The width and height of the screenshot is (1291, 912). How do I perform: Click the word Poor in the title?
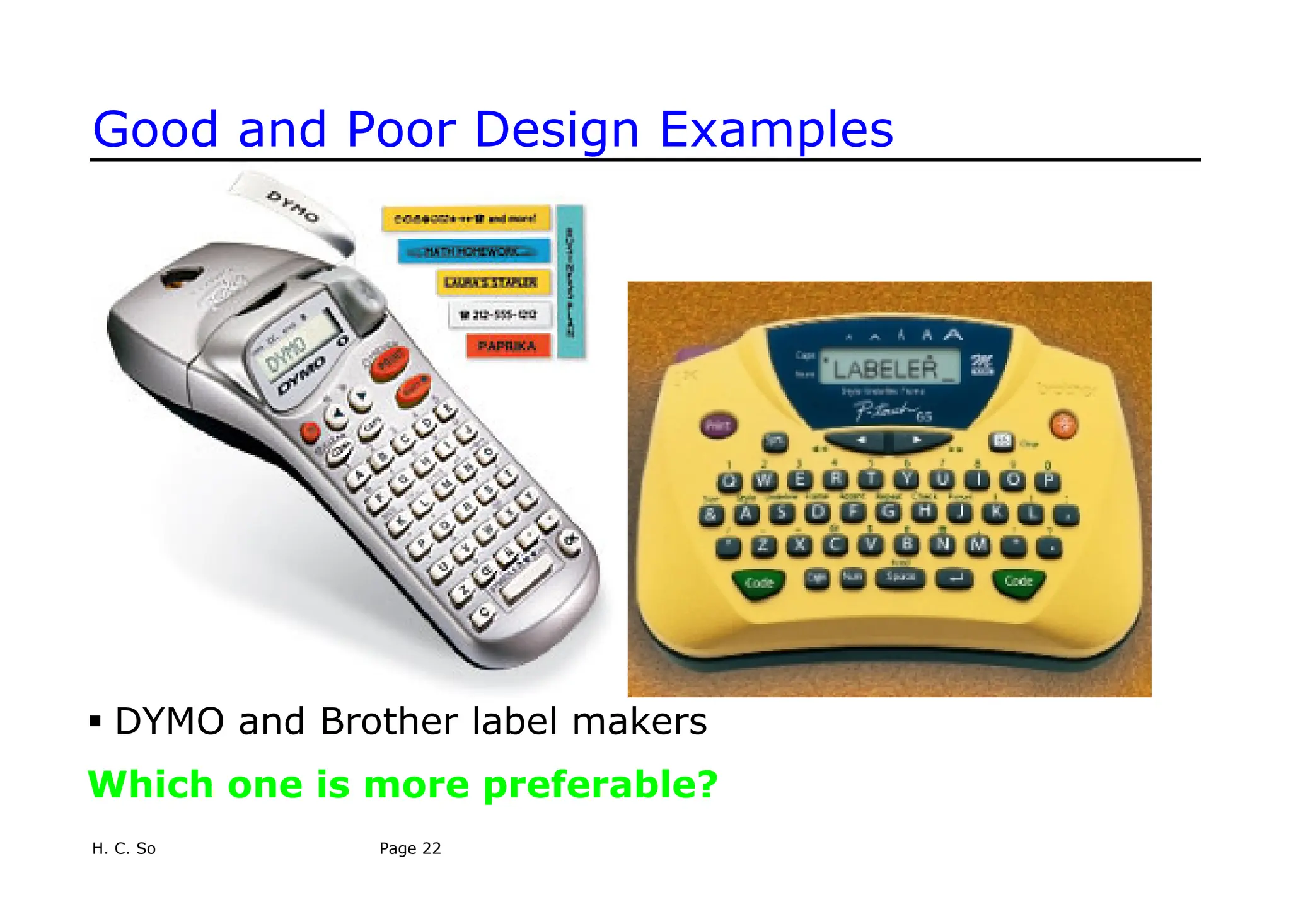pyautogui.click(x=401, y=130)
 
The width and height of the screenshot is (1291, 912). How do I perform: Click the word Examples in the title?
pyautogui.click(x=776, y=131)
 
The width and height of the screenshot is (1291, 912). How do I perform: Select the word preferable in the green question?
pyautogui.click(x=600, y=785)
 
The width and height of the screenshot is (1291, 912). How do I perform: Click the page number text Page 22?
pyautogui.click(x=410, y=848)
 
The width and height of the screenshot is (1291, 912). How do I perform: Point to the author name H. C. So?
pyautogui.click(x=124, y=848)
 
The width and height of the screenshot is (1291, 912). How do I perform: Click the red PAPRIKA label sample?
pyautogui.click(x=507, y=346)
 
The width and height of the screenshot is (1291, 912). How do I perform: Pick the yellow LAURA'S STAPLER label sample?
pyautogui.click(x=492, y=282)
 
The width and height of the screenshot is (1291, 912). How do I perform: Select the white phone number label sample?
pyautogui.click(x=499, y=314)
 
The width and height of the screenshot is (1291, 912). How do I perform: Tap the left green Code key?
pyautogui.click(x=758, y=583)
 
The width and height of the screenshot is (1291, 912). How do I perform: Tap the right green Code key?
pyautogui.click(x=1018, y=582)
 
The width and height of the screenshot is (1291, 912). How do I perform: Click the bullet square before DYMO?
pyautogui.click(x=95, y=721)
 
